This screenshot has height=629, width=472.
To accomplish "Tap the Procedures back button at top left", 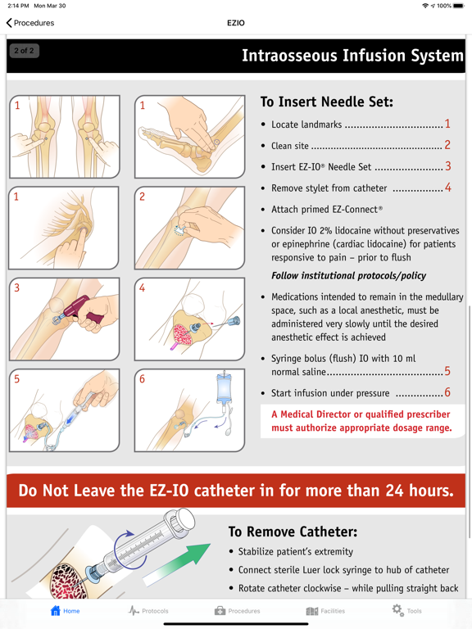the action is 30,23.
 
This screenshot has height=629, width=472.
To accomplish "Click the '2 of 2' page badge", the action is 24,51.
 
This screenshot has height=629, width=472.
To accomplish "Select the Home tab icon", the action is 56,610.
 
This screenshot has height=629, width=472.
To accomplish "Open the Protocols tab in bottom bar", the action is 148,611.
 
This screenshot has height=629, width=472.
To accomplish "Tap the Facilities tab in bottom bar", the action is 325,611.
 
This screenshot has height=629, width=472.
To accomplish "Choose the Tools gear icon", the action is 397,610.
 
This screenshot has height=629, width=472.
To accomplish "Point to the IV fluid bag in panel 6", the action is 224,387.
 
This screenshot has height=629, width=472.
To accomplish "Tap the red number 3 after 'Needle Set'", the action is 448,166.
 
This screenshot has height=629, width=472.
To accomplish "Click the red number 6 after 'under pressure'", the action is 447,392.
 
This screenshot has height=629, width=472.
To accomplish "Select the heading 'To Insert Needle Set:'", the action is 327,102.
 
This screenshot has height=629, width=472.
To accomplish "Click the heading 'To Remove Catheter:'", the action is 293,532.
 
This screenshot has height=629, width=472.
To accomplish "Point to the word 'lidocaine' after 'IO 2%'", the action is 354,231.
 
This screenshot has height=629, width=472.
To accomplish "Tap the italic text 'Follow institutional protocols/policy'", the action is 348,275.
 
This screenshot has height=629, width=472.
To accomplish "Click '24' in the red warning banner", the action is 394,491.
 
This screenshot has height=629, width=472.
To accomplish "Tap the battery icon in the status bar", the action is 459,6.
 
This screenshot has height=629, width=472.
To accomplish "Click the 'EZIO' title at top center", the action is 236,23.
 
